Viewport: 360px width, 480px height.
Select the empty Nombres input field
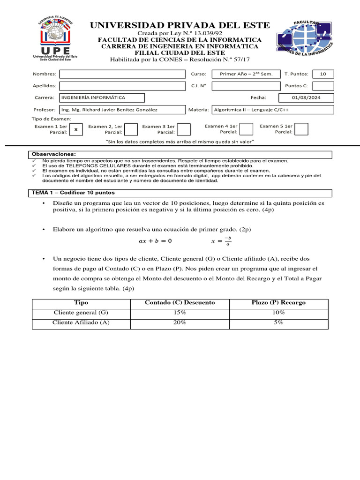(122, 74)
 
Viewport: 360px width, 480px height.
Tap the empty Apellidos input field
(122, 86)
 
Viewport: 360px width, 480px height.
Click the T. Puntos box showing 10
(323, 74)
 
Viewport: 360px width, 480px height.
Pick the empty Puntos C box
(323, 86)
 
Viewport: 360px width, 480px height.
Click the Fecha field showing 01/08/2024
(306, 97)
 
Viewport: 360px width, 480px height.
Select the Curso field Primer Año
(246, 74)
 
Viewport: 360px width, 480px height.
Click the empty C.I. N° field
(246, 86)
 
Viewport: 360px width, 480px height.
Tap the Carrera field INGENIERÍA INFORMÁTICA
(102, 97)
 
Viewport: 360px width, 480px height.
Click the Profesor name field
(122, 110)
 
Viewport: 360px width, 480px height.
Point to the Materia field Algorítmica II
(273, 110)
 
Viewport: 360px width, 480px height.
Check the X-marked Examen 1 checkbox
(76, 129)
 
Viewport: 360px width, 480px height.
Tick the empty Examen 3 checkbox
(184, 129)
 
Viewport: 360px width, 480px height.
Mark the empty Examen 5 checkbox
(301, 129)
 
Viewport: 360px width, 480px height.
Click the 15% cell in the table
(180, 312)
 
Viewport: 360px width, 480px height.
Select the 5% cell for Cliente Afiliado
(278, 322)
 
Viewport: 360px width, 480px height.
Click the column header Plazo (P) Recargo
(278, 302)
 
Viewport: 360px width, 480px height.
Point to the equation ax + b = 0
(156, 241)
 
